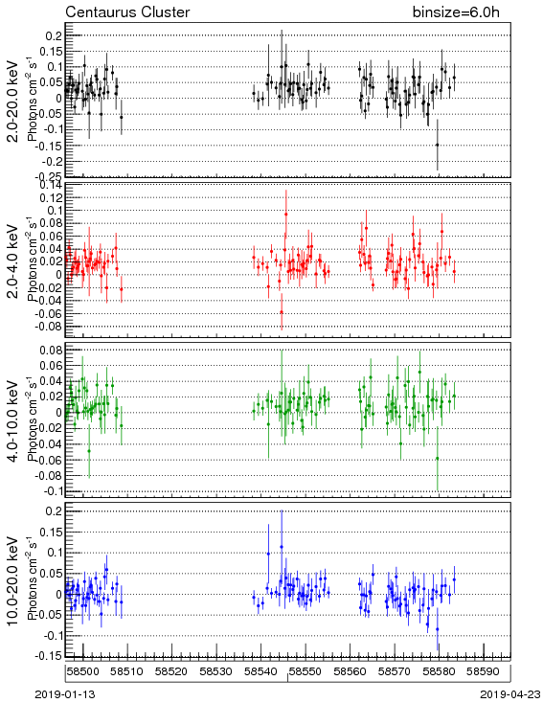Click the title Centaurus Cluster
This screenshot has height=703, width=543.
click(127, 12)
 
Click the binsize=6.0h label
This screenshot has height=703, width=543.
click(456, 12)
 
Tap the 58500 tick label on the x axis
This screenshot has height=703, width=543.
click(83, 671)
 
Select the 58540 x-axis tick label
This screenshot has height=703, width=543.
click(260, 671)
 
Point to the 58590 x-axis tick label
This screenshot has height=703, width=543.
click(484, 671)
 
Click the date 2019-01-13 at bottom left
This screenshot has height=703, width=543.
click(65, 694)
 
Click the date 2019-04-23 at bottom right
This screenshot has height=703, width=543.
click(510, 694)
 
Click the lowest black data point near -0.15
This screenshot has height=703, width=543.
click(438, 145)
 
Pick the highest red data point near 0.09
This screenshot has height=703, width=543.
click(285, 215)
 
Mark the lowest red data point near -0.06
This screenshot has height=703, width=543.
click(282, 312)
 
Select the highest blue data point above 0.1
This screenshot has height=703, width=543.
click(282, 547)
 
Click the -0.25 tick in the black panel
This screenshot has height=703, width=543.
click(51, 176)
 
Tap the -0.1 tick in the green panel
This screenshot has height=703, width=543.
click(53, 491)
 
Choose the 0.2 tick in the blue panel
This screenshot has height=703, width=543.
click(56, 510)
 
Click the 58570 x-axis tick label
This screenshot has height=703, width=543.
click(395, 671)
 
